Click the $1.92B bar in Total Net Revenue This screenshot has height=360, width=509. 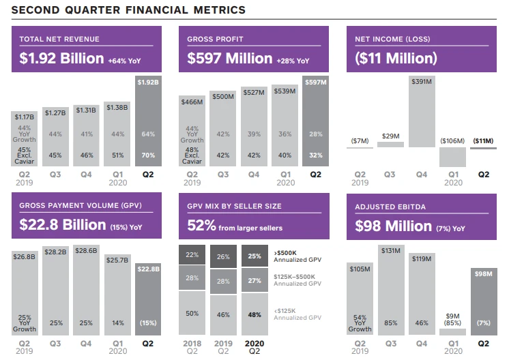click(x=149, y=123)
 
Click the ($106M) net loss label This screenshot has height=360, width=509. click(x=453, y=140)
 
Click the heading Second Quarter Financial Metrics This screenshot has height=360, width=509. click(x=128, y=10)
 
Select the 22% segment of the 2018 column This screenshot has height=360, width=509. click(x=192, y=255)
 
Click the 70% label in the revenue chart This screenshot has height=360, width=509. click(x=149, y=155)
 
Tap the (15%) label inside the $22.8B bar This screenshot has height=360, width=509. click(x=149, y=322)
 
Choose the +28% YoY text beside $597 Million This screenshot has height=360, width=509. click(x=293, y=61)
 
